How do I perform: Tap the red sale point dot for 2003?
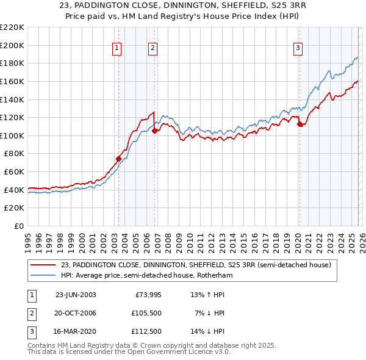(119, 159)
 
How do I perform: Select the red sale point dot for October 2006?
(155, 130)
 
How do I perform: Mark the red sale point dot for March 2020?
(300, 124)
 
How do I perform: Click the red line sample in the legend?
(43, 265)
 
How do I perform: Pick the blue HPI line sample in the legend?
(43, 276)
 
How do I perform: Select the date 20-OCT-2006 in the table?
(76, 313)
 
